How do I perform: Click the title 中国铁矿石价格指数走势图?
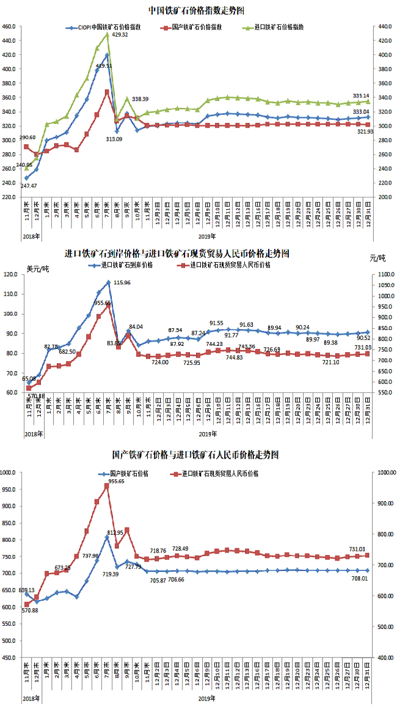(x=198, y=10)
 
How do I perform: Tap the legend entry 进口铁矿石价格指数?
(x=277, y=28)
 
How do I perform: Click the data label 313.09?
(x=114, y=139)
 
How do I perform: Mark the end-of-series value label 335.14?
(x=361, y=95)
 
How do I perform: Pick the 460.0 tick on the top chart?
(x=9, y=27)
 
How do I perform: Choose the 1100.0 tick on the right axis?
(x=384, y=274)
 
